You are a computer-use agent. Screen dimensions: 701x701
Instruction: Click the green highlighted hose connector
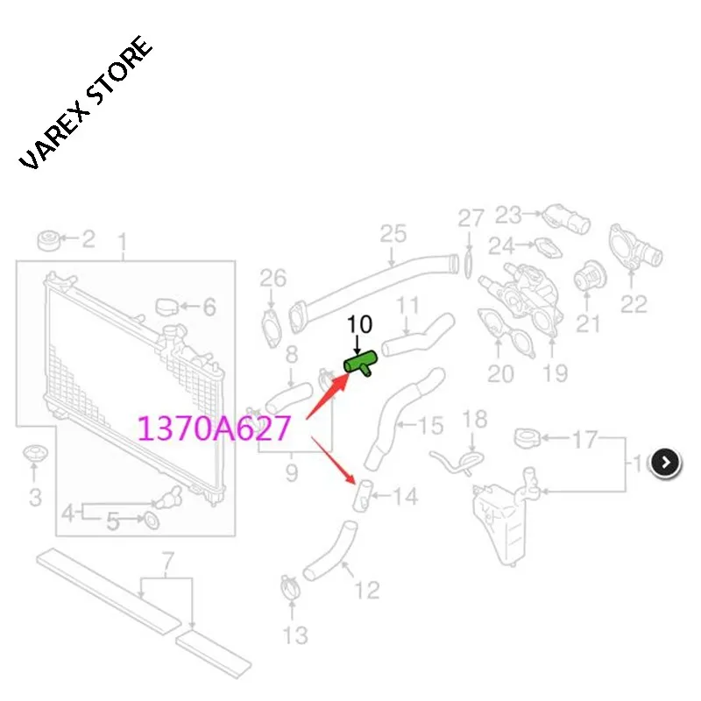[x=360, y=363]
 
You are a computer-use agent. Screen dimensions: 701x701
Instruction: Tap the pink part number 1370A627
[x=215, y=428]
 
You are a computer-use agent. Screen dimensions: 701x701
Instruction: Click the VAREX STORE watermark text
[x=85, y=103]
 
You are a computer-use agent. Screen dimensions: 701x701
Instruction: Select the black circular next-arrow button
[x=666, y=463]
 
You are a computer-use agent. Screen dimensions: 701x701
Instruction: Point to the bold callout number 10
[x=359, y=324]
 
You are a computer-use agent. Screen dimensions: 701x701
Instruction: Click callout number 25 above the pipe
[x=393, y=234]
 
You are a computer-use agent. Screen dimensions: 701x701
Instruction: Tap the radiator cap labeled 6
[x=167, y=308]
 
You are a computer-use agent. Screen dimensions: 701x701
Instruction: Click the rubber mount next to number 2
[x=48, y=241]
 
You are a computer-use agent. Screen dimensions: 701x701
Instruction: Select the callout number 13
[x=295, y=635]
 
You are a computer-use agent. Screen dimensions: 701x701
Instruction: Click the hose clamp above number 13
[x=291, y=587]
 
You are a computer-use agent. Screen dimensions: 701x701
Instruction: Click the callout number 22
[x=634, y=304]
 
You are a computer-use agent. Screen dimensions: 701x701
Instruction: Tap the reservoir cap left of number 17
[x=527, y=438]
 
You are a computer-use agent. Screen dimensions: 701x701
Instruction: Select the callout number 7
[x=167, y=562]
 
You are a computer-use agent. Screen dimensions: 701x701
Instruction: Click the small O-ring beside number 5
[x=151, y=520]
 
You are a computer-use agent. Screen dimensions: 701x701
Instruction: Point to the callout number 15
[x=431, y=425]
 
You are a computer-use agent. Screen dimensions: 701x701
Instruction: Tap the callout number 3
[x=36, y=498]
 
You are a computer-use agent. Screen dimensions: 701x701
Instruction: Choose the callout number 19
[x=556, y=373]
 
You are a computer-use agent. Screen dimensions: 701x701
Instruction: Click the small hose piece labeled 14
[x=362, y=496]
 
